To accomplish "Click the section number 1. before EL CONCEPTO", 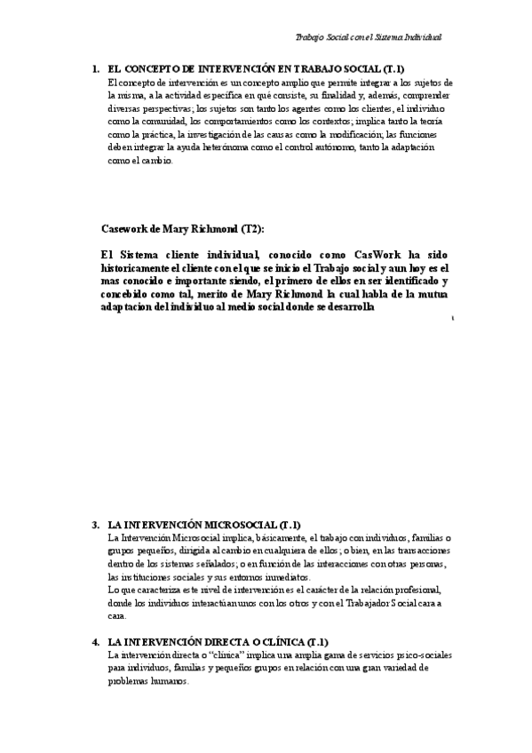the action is (x=96, y=68).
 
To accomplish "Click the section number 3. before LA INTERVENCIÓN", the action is (x=96, y=525).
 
